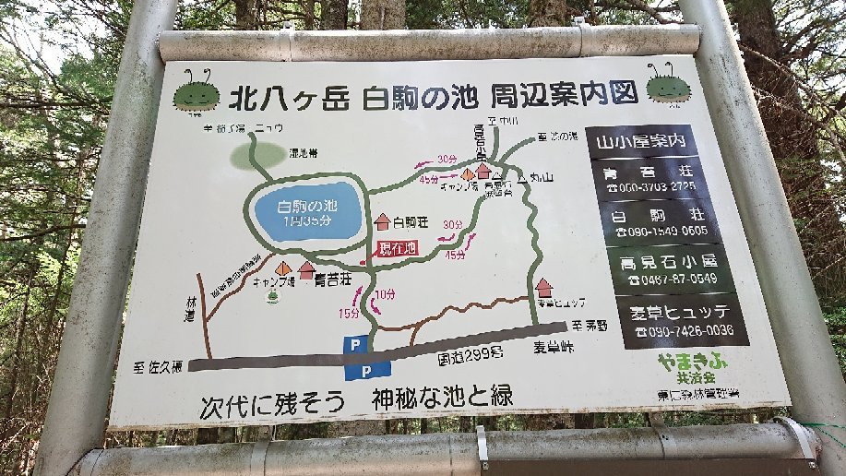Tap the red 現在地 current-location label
pyautogui.click(x=398, y=247)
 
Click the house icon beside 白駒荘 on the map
pyautogui.click(x=383, y=221)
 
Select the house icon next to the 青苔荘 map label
pyautogui.click(x=306, y=270)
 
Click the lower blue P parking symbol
pyautogui.click(x=367, y=370)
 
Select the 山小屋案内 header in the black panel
pyautogui.click(x=642, y=142)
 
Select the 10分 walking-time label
pyautogui.click(x=385, y=294)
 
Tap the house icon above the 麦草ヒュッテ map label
pyautogui.click(x=544, y=288)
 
